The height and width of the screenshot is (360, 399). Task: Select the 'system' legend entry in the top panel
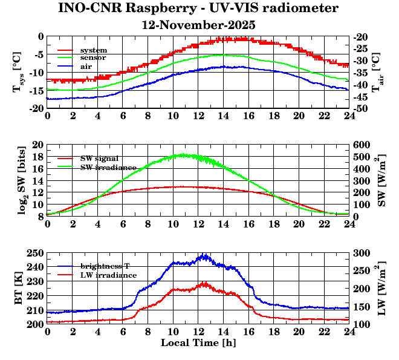click(x=94, y=50)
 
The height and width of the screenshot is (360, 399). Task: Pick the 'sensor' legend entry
click(x=94, y=57)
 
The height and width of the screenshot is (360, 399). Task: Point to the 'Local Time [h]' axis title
click(x=198, y=342)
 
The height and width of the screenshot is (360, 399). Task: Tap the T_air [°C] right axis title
click(x=376, y=72)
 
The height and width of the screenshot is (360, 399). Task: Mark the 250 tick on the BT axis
click(x=36, y=253)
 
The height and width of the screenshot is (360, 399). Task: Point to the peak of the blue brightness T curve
click(x=205, y=255)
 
